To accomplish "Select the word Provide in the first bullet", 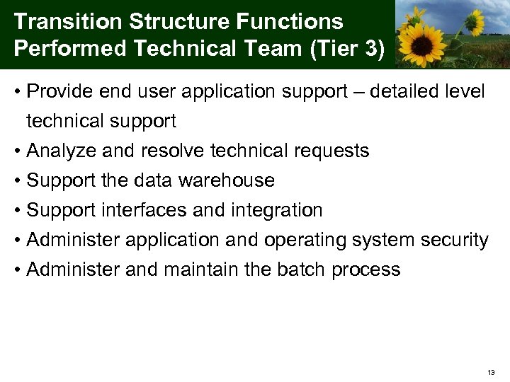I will coord(59,91).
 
